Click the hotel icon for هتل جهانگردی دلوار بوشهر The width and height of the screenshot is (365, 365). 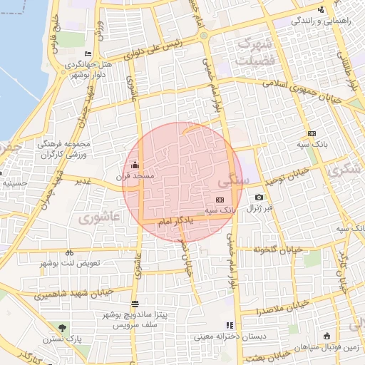pos(88,54)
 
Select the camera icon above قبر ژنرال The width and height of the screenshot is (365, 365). pos(258,197)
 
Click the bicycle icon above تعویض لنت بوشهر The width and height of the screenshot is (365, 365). pos(69,252)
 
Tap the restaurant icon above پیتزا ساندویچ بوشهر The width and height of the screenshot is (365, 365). pos(135,304)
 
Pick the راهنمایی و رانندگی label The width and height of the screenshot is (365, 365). pos(322,21)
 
